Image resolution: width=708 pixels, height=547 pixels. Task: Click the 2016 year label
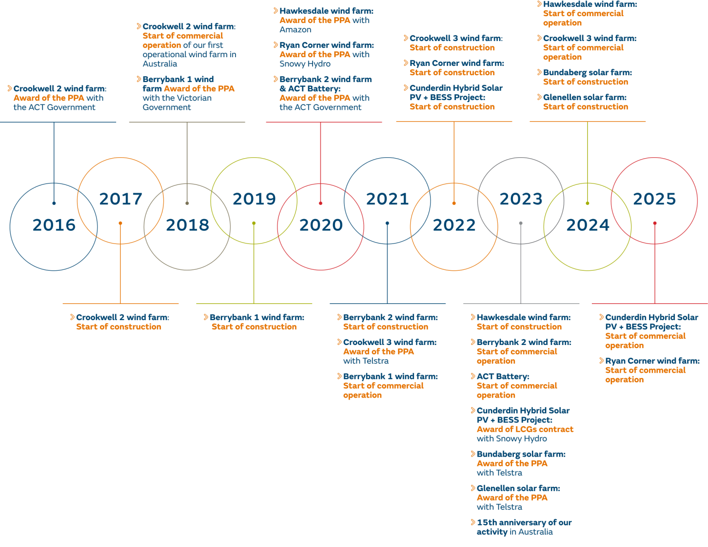(x=54, y=225)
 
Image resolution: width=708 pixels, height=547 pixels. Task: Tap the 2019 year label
(x=254, y=199)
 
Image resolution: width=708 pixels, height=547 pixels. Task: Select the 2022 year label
(x=454, y=225)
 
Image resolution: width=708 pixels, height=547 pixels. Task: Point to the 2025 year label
(x=654, y=199)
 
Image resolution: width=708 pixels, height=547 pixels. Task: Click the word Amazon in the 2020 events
(x=295, y=30)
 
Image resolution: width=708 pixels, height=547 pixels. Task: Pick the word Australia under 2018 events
(x=159, y=64)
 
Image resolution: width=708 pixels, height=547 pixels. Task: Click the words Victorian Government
(x=177, y=102)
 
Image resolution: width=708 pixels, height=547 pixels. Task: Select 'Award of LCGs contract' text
(x=525, y=429)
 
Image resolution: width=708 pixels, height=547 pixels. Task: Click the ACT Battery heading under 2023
(x=503, y=376)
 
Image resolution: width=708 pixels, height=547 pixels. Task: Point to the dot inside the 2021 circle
(x=387, y=223)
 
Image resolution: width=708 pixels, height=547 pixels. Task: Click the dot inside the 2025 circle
(x=655, y=223)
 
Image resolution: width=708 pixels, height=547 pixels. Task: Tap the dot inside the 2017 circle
(x=120, y=223)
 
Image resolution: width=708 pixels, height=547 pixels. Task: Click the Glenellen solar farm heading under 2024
(x=584, y=97)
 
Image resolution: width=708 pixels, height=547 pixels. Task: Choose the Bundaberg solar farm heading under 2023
(x=521, y=454)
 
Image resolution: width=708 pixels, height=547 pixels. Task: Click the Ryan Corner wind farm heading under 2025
(x=652, y=361)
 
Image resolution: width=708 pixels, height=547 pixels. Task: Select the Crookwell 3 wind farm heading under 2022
(x=456, y=38)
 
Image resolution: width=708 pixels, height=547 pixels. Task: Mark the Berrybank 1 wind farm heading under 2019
(x=257, y=317)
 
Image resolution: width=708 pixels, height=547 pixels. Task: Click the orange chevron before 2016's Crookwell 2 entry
(x=10, y=88)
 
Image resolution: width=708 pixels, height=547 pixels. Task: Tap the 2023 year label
(x=521, y=199)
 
